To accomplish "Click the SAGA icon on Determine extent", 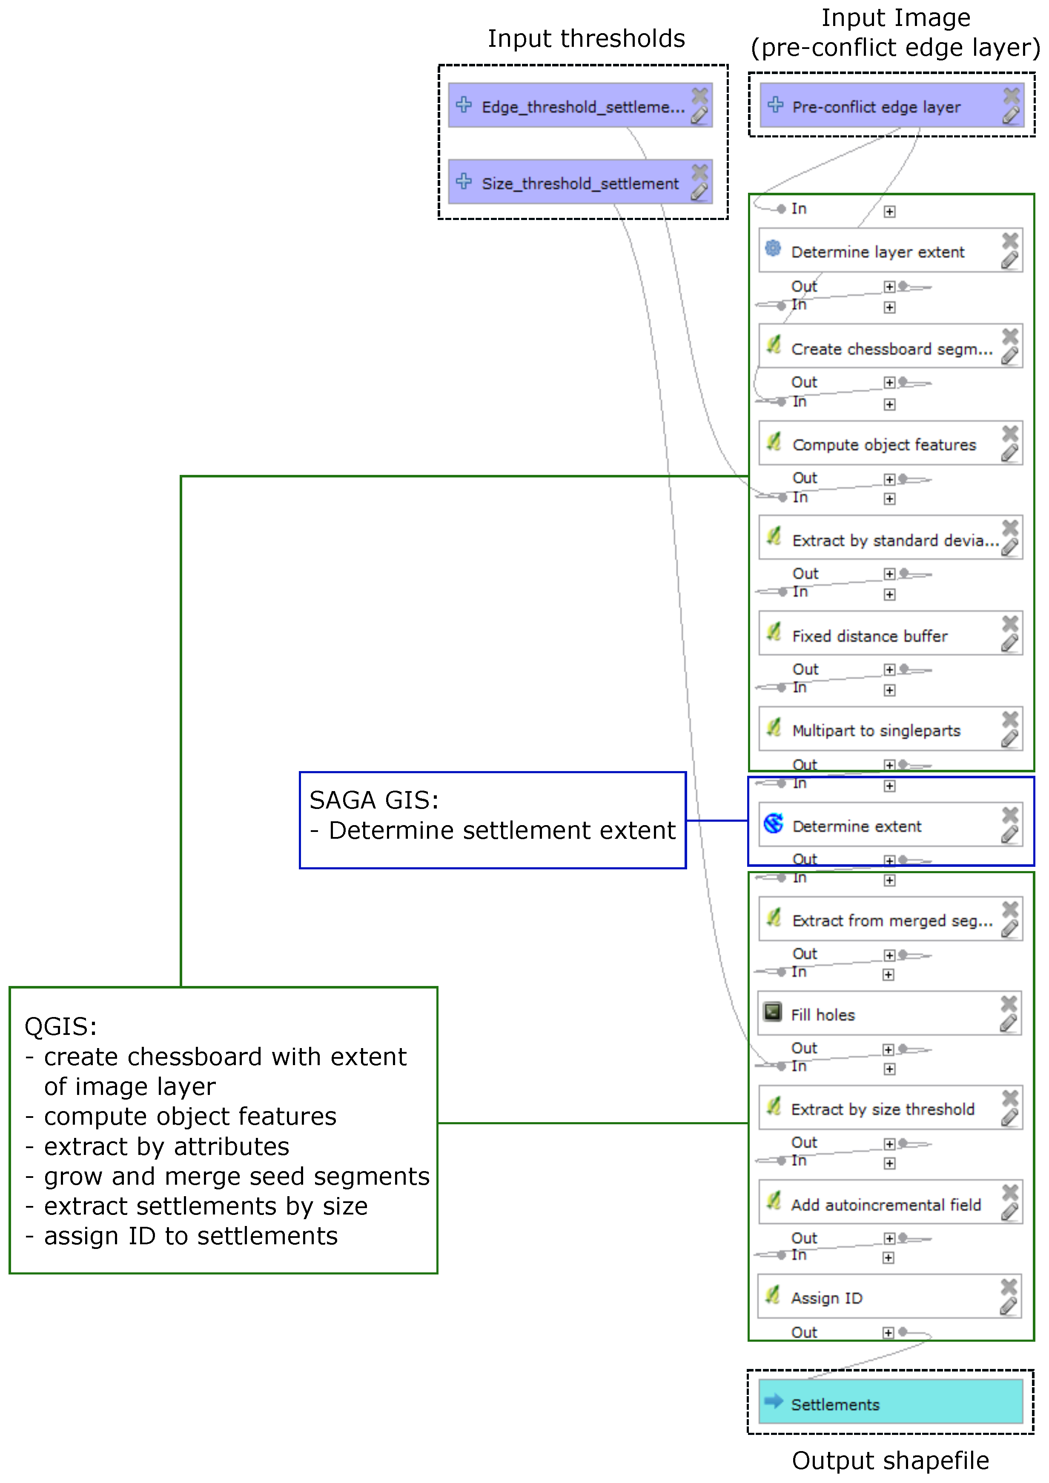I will point(773,823).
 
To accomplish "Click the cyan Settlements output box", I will point(889,1403).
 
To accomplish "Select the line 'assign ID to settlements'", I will point(191,1236).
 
